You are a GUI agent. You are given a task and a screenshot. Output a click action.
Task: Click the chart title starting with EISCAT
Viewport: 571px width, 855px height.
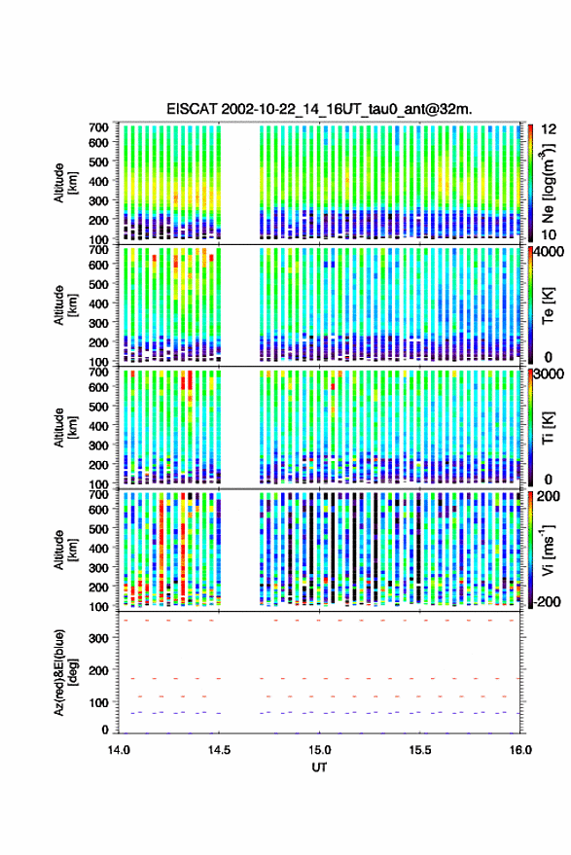point(319,109)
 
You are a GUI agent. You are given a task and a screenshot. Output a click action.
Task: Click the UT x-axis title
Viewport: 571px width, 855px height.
point(319,767)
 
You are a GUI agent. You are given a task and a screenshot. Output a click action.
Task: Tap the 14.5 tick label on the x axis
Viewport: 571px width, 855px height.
point(219,750)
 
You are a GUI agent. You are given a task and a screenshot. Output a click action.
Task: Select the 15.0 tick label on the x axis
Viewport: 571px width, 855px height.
point(320,750)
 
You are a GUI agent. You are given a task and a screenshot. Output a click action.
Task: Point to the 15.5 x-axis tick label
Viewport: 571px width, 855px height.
point(420,750)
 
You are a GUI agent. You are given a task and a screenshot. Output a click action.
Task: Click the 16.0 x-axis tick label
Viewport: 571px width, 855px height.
point(520,750)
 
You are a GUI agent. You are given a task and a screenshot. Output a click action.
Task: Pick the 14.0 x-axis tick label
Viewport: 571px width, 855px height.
point(119,750)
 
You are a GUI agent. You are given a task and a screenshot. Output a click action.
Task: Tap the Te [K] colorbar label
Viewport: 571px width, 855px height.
point(548,305)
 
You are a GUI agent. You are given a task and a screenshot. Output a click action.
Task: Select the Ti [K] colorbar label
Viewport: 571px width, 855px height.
point(548,428)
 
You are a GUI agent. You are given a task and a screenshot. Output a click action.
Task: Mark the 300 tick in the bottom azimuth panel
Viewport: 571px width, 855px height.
point(99,638)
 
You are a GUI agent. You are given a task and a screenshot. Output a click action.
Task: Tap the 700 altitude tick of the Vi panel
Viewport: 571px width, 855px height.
point(98,494)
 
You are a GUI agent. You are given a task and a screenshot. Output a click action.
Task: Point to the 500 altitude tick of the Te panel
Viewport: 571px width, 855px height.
point(98,284)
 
